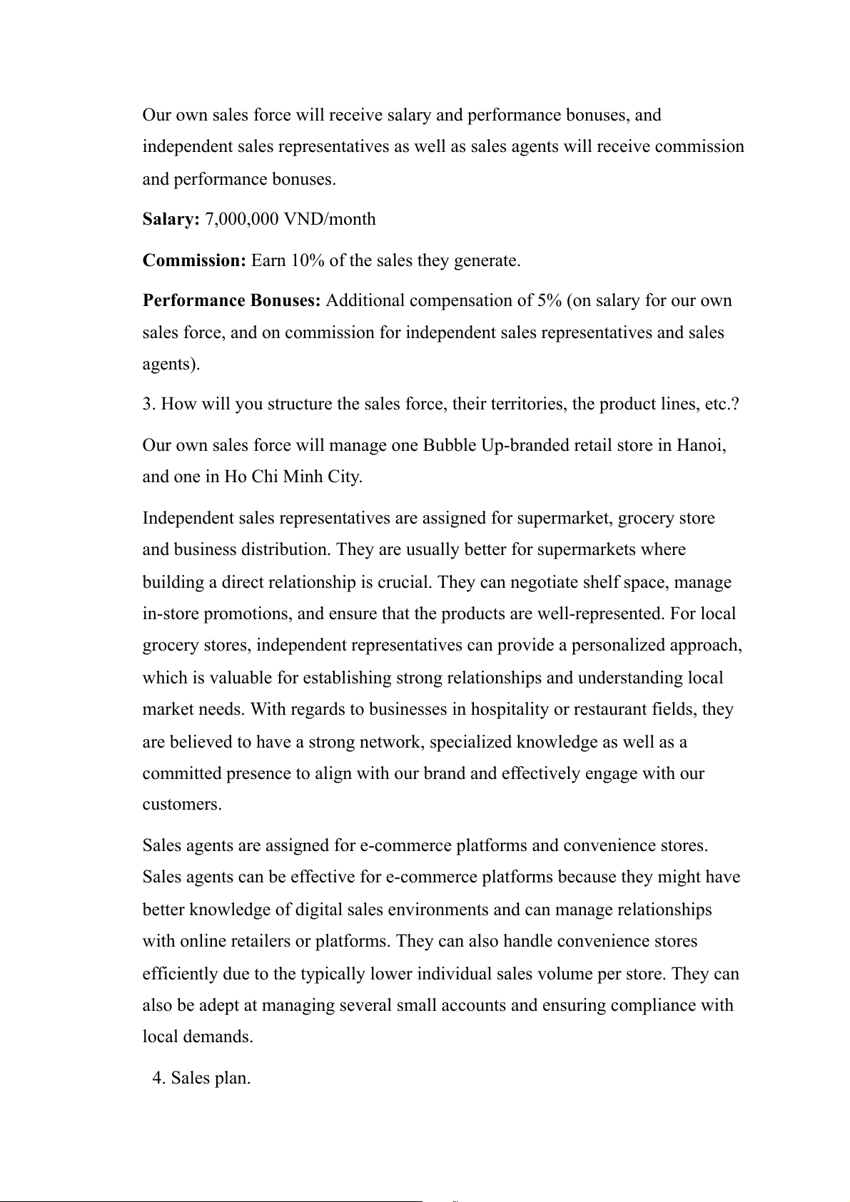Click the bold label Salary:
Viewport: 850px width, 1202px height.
point(171,219)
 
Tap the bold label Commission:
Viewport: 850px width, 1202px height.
point(194,260)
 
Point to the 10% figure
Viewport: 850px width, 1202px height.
point(307,260)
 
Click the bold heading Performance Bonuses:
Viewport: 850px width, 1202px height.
point(232,300)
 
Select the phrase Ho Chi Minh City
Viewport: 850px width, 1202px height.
point(293,477)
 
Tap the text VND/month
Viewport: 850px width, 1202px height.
point(330,219)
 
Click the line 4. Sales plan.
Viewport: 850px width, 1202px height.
point(201,1078)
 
